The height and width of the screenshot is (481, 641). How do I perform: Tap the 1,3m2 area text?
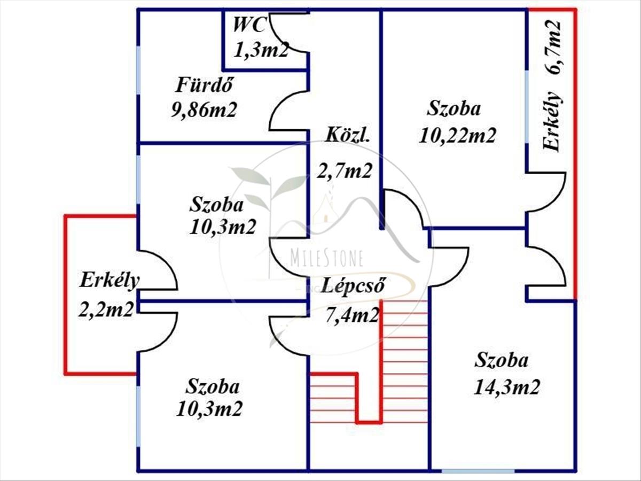coord(261,50)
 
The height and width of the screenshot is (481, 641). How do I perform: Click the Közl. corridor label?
coord(347,135)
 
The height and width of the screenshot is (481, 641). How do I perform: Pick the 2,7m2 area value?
coord(345,172)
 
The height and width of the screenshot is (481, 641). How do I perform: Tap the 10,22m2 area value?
coord(458,135)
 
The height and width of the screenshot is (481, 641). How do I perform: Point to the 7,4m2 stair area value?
coord(353,315)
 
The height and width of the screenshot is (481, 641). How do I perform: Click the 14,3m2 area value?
coord(506,386)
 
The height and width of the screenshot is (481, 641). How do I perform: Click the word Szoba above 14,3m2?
coord(502,360)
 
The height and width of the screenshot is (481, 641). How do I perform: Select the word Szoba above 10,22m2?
coord(454,108)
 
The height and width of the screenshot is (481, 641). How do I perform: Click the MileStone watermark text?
coord(326,259)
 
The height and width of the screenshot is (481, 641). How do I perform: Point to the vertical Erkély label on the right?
coord(553,122)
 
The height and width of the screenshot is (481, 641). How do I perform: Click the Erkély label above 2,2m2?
coord(110,280)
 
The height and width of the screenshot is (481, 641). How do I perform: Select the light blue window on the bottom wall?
coord(478,471)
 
